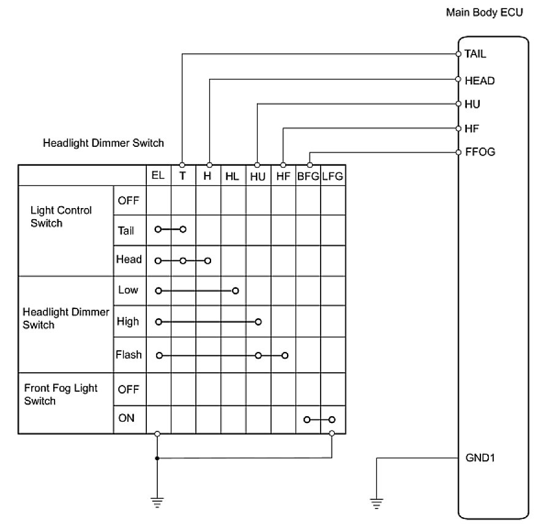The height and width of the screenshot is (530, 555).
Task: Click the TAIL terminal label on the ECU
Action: pyautogui.click(x=475, y=54)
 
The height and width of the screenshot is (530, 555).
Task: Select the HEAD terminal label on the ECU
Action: pyautogui.click(x=479, y=80)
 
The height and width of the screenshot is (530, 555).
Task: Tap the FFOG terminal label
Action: pyautogui.click(x=479, y=152)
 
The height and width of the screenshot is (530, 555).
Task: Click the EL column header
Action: pyautogui.click(x=158, y=176)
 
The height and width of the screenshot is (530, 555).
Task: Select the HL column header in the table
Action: pyautogui.click(x=232, y=176)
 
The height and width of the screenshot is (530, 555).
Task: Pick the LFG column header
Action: pyautogui.click(x=332, y=176)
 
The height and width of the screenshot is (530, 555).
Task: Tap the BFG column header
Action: pyautogui.click(x=308, y=176)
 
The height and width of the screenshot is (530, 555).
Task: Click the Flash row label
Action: pyautogui.click(x=129, y=354)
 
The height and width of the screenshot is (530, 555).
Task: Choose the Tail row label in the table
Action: pyautogui.click(x=126, y=231)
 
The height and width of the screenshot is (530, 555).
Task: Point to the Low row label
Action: pyautogui.click(x=128, y=289)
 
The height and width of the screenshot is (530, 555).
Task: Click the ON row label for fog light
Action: pyautogui.click(x=126, y=419)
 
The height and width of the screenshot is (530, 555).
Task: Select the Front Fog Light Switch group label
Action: pyautogui.click(x=61, y=394)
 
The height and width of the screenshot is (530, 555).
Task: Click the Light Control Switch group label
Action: pyautogui.click(x=61, y=216)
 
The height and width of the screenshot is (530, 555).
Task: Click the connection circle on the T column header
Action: pyautogui.click(x=182, y=165)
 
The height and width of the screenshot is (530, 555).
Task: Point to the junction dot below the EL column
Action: pyautogui.click(x=157, y=458)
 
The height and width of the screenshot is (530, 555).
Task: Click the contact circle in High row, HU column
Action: pyautogui.click(x=258, y=321)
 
